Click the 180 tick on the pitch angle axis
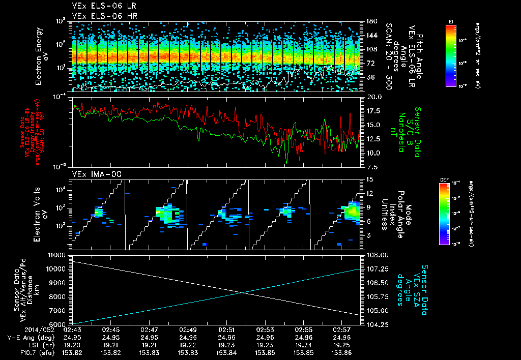click(370, 21)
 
